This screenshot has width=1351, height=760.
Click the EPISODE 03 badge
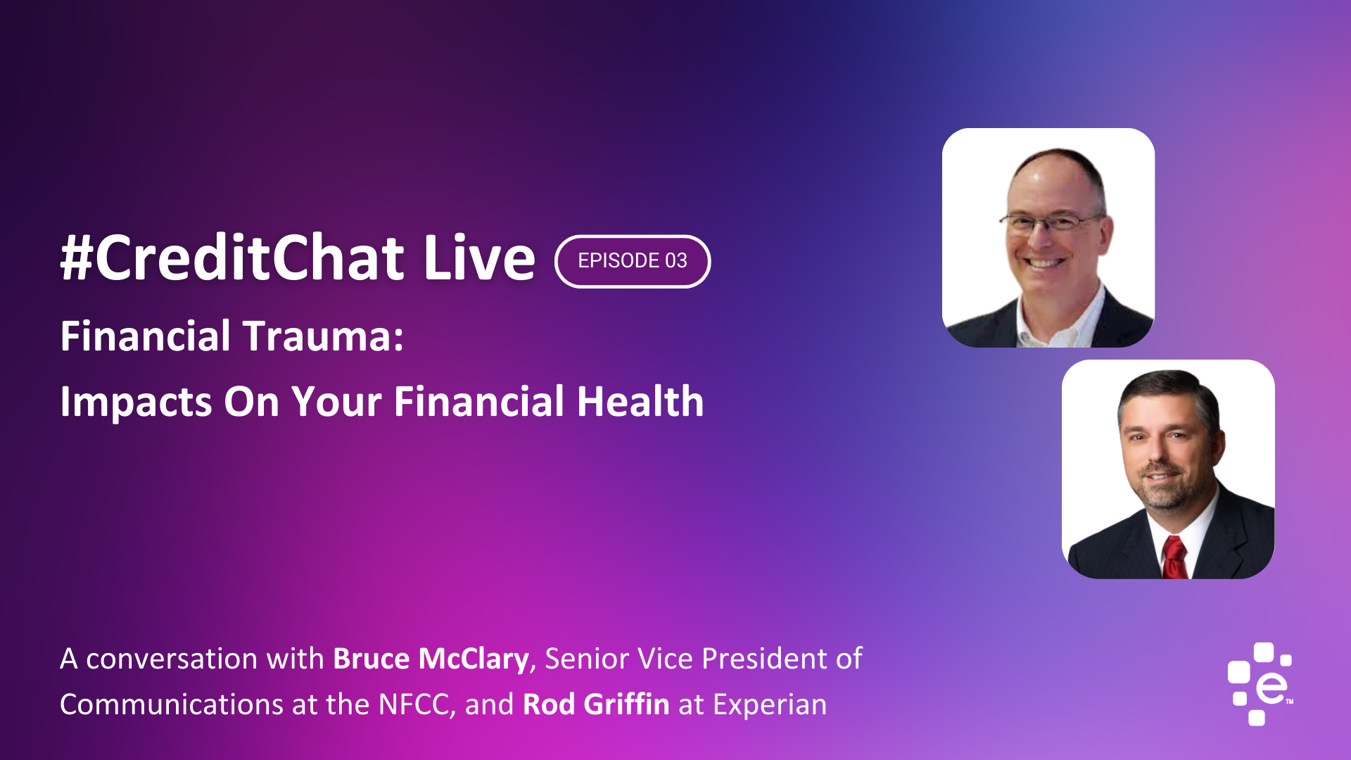[633, 261]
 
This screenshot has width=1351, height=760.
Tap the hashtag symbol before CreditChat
[77, 258]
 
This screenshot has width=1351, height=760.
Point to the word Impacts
[136, 403]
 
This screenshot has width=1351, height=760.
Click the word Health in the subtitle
[640, 401]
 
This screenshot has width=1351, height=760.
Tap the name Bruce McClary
[431, 659]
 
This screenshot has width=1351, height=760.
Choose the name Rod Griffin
[596, 704]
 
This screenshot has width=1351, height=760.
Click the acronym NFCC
[414, 705]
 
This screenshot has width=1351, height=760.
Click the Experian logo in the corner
[1260, 683]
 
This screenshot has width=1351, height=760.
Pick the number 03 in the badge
[676, 261]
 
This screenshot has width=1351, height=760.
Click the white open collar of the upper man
[1055, 320]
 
